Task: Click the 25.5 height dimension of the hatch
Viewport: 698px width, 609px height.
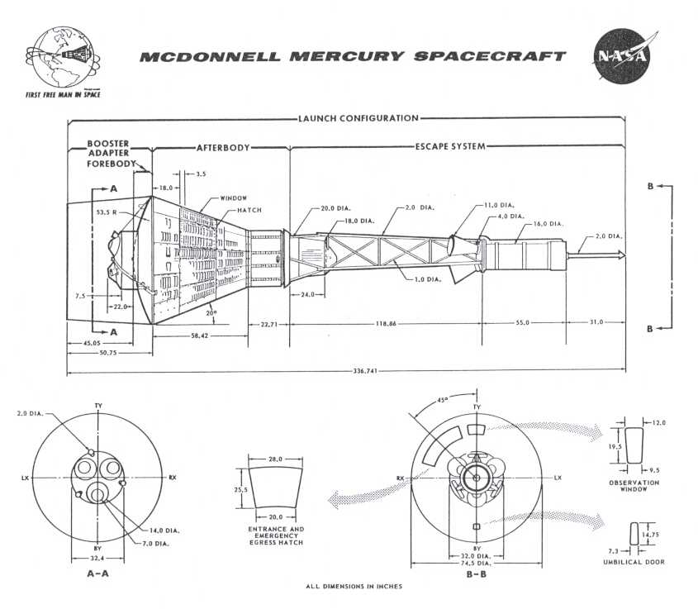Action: pyautogui.click(x=240, y=488)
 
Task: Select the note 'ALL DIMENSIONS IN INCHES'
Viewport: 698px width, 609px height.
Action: pyautogui.click(x=354, y=587)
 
